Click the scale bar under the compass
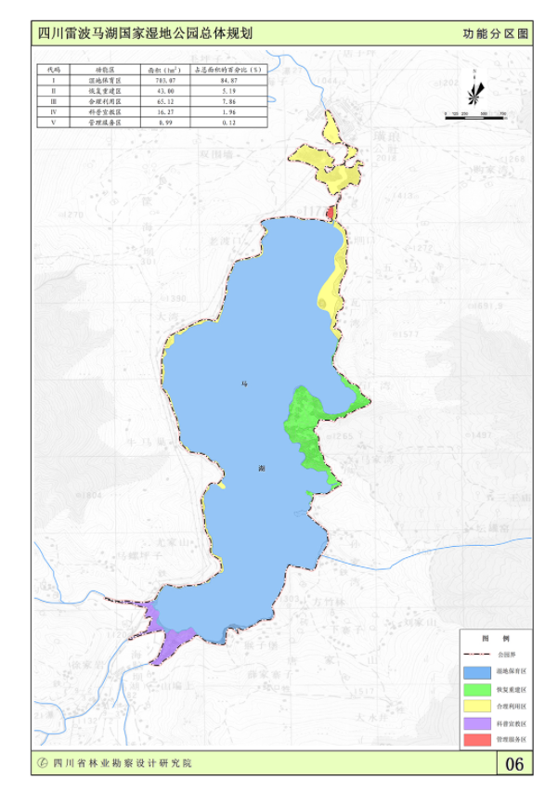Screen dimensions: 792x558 (474, 112)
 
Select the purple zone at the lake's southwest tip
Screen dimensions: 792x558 (172, 641)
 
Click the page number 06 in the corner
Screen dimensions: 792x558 (515, 764)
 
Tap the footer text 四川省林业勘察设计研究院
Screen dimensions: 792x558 (122, 763)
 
